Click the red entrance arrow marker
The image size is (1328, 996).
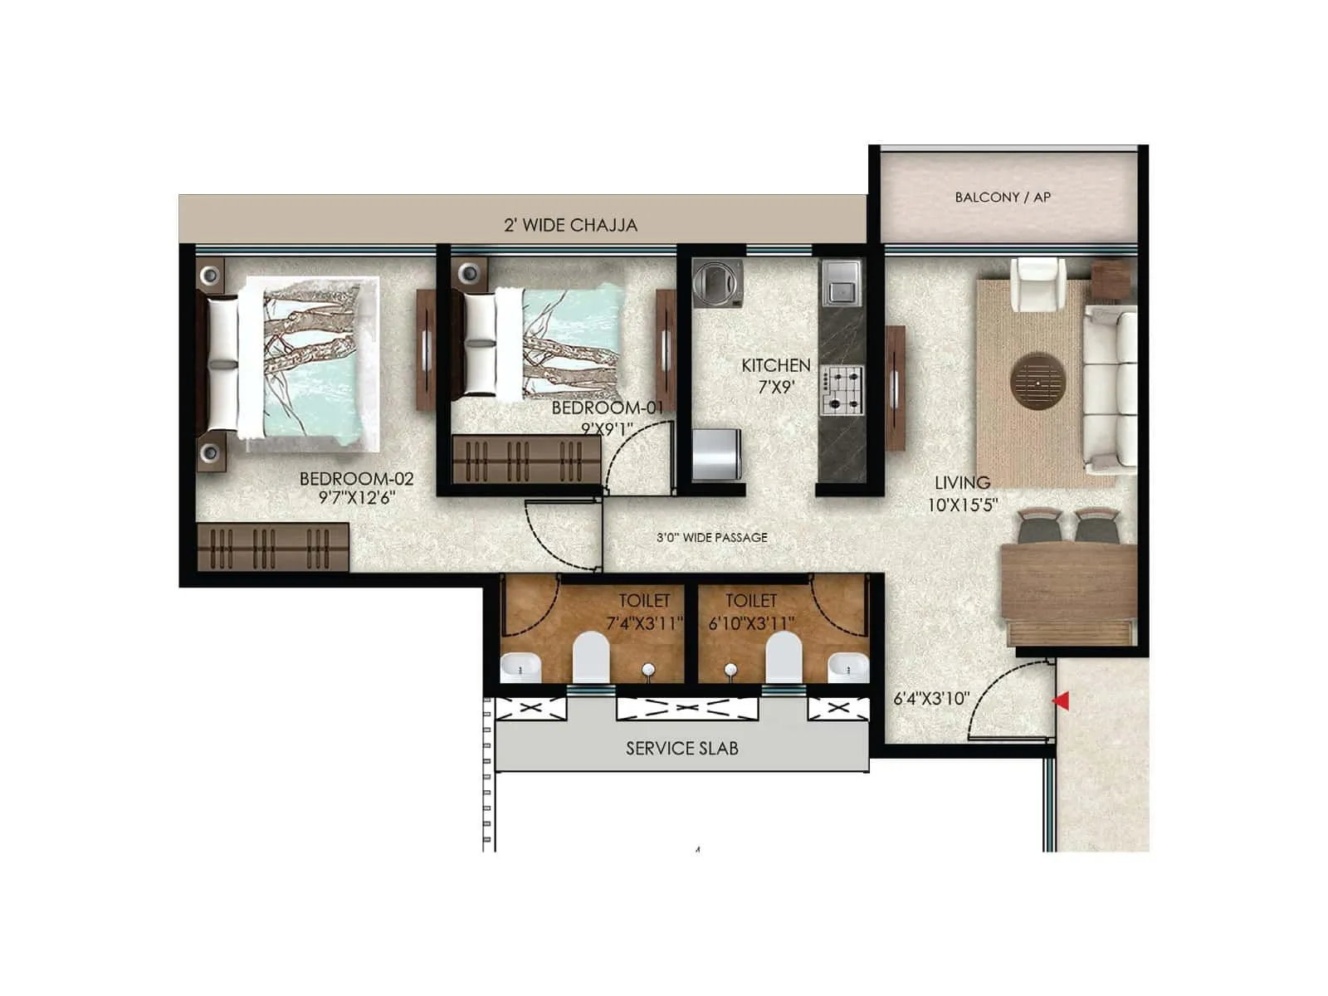(1061, 701)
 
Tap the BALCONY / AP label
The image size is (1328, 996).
(1003, 198)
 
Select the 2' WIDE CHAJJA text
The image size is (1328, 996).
(570, 225)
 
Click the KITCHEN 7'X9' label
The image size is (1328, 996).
(775, 375)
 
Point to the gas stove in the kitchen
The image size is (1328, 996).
(842, 390)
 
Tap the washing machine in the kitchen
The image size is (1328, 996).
(717, 283)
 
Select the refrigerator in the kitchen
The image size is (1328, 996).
(716, 454)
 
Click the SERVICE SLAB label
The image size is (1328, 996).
(681, 749)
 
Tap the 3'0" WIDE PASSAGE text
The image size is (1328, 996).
(711, 538)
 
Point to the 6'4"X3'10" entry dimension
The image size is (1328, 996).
(930, 699)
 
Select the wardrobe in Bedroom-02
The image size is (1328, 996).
(273, 547)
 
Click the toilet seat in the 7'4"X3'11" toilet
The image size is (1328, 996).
(591, 657)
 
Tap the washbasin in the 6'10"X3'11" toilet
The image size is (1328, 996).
(847, 666)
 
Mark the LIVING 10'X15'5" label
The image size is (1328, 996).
(962, 493)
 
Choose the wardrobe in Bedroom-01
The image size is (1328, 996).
(526, 459)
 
